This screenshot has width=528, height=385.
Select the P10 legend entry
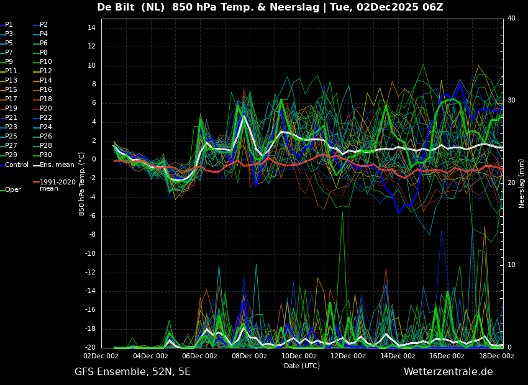[x=46, y=62]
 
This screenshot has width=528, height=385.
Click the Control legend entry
[x=17, y=165]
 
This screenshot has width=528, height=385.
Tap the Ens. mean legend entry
[x=57, y=165]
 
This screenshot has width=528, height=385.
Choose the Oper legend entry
[x=13, y=190]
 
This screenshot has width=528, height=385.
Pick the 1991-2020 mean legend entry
[x=57, y=185]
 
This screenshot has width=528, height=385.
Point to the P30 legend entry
[x=46, y=155]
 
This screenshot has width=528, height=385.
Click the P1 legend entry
[x=9, y=25]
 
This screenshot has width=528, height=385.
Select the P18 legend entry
[x=46, y=99]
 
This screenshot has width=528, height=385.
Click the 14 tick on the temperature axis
[x=91, y=28]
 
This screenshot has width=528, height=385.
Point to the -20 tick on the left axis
[x=89, y=348]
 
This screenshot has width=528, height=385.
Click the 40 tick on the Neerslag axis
[x=511, y=19]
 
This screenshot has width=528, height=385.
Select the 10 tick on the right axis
[x=511, y=265]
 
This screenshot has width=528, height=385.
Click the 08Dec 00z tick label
[x=249, y=356]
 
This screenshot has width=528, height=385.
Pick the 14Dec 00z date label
[x=398, y=356]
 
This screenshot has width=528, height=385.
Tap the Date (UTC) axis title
[x=302, y=366]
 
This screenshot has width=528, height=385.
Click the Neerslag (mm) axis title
[x=522, y=183]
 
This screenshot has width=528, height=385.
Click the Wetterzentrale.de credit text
[x=448, y=372]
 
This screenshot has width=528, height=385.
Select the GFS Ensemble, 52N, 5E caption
[x=132, y=372]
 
